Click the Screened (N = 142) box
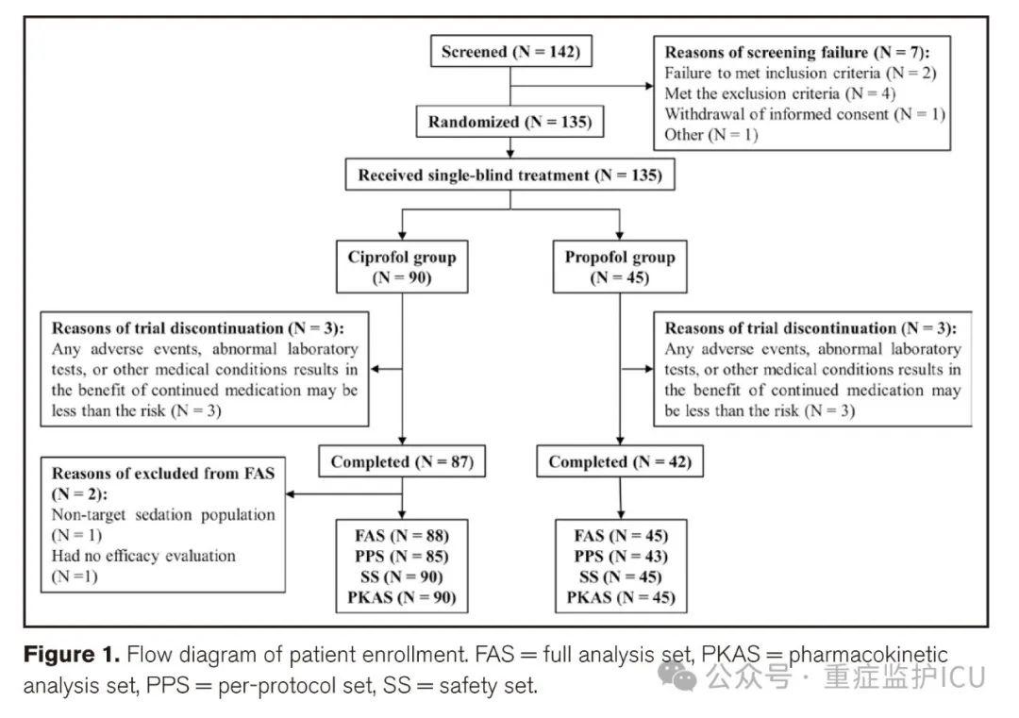(x=510, y=51)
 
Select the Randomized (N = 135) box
(x=510, y=122)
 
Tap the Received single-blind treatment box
(x=510, y=175)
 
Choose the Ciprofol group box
(x=402, y=267)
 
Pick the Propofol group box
(x=619, y=267)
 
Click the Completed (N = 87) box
(x=402, y=461)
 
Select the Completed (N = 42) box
(x=620, y=461)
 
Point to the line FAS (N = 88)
(x=402, y=535)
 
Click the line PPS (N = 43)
(x=621, y=557)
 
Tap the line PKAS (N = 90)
(x=402, y=597)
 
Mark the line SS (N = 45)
(x=621, y=576)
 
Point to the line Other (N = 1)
(x=711, y=135)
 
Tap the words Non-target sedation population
(x=163, y=514)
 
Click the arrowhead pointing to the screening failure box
(x=648, y=86)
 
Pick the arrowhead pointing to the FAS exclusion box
(x=291, y=493)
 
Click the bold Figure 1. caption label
(x=72, y=655)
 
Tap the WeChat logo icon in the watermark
(x=677, y=676)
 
